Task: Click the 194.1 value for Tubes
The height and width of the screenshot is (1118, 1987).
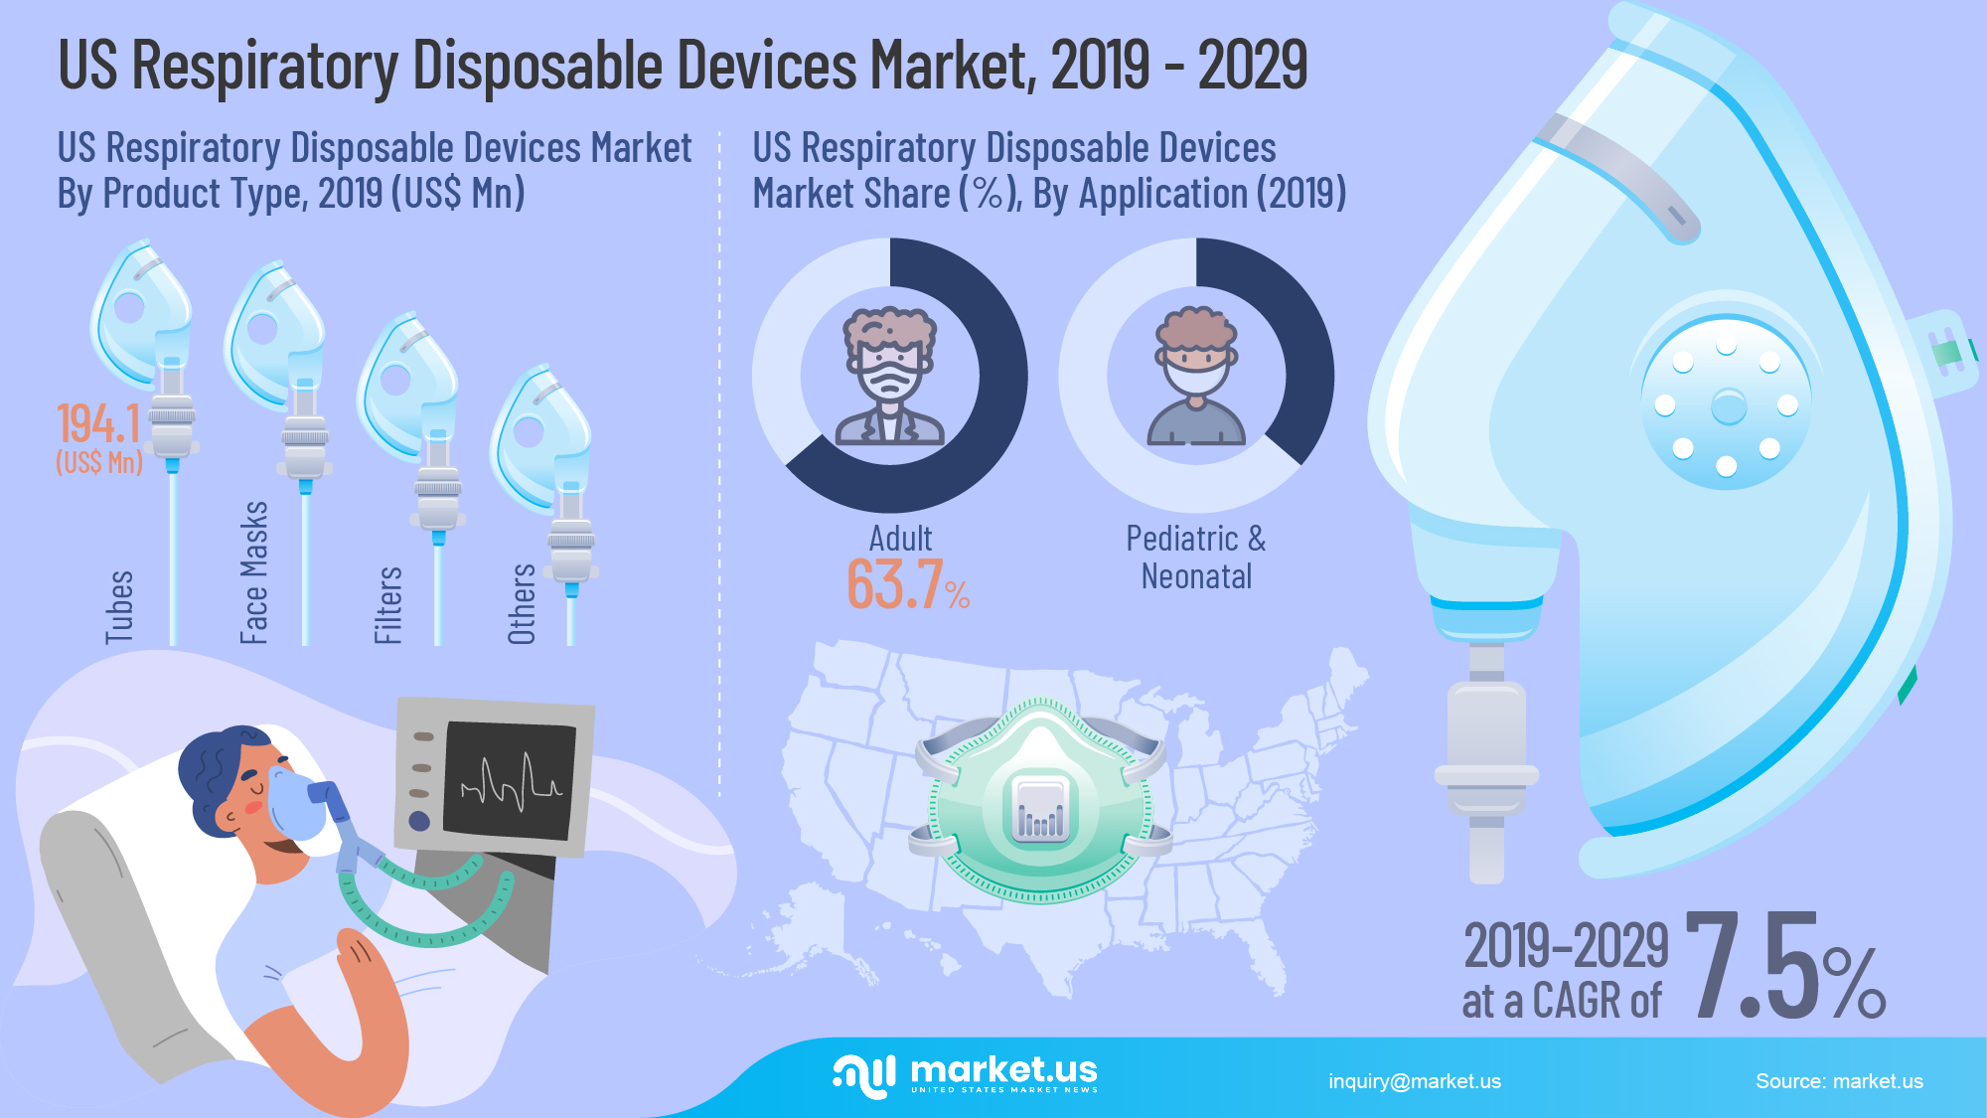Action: point(98,424)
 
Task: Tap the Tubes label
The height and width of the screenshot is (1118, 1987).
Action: point(119,606)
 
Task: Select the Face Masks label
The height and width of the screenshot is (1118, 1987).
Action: point(254,572)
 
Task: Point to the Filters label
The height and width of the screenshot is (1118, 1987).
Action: point(387,604)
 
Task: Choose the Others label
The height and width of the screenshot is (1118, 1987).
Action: point(522,603)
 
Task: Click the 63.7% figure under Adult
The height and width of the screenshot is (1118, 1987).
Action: point(906,584)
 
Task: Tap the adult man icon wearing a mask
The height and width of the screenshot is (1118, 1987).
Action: point(889,375)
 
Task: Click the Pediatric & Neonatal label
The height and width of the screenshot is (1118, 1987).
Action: point(1196,557)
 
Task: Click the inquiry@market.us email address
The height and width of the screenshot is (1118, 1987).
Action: point(1415,1081)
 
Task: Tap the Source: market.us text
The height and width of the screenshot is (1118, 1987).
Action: point(1839,1081)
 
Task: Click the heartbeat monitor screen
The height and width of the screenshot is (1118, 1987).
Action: point(509,781)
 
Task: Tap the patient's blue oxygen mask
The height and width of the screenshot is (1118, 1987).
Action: point(297,803)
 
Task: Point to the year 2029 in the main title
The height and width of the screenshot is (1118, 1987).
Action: point(1252,66)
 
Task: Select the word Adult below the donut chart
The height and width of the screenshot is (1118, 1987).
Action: point(900,539)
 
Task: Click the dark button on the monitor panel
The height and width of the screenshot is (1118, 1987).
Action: point(419,821)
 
